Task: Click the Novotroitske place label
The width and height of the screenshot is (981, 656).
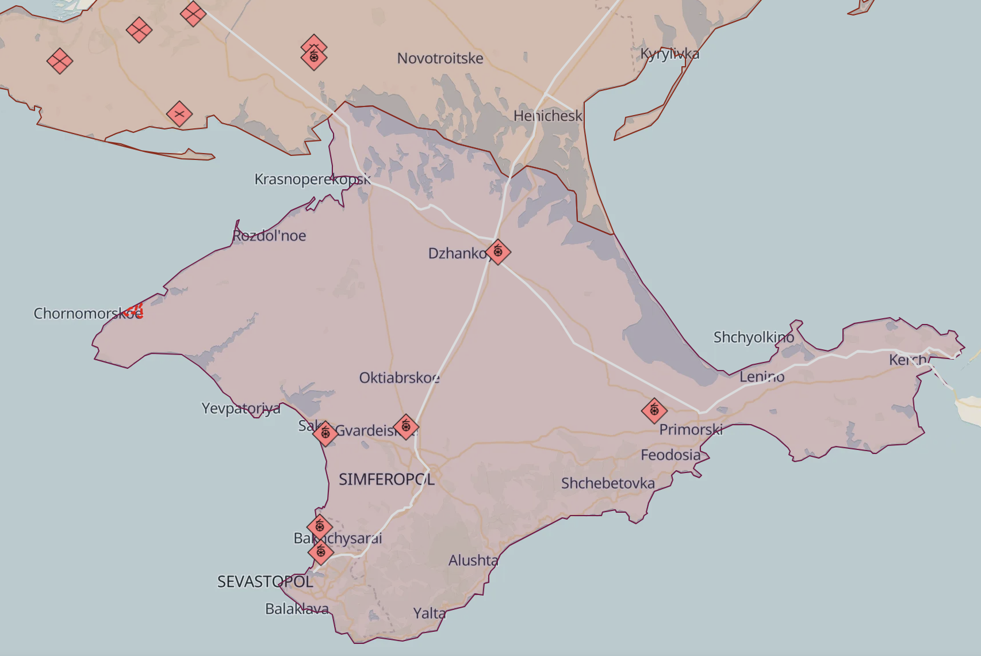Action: (x=440, y=58)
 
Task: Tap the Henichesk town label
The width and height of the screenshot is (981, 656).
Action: (x=547, y=116)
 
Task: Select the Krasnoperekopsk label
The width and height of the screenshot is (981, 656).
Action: (x=312, y=179)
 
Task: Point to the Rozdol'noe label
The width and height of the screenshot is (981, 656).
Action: (x=269, y=235)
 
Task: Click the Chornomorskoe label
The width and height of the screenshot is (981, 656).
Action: (x=87, y=313)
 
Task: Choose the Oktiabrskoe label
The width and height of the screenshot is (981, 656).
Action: (x=399, y=377)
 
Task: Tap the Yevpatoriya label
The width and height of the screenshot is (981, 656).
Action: (x=241, y=408)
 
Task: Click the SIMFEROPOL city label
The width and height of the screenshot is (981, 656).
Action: (x=386, y=479)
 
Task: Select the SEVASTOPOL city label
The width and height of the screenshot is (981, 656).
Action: (x=265, y=582)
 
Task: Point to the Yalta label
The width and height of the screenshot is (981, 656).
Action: (x=430, y=613)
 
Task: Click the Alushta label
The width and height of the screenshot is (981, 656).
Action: (x=473, y=560)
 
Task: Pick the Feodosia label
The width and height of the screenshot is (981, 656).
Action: (x=670, y=455)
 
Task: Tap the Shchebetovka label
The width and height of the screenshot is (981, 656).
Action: (x=608, y=483)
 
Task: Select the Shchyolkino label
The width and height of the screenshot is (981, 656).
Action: (x=753, y=337)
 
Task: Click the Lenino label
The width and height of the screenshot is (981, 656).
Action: (x=762, y=376)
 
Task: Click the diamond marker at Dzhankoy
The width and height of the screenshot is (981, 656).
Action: (x=498, y=251)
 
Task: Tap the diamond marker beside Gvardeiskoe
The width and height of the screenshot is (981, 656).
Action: (x=406, y=426)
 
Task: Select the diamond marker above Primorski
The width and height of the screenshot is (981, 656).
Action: (x=654, y=410)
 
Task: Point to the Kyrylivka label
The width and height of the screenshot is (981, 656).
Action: (x=670, y=54)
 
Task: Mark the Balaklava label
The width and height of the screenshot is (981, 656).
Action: (x=297, y=608)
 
